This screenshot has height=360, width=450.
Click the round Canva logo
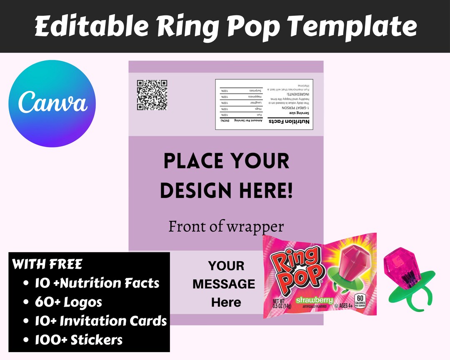coord(52,103)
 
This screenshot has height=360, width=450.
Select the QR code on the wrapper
coord(152,95)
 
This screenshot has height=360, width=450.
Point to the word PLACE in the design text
coord(192,161)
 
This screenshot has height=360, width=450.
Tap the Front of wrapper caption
coord(226,226)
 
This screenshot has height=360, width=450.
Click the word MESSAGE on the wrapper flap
coord(224,284)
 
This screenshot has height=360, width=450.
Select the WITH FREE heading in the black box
coord(47,264)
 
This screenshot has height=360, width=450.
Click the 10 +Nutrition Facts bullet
coord(97,283)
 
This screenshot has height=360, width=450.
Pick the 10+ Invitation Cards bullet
coord(100,321)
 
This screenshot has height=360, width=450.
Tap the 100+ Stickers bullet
coord(78,340)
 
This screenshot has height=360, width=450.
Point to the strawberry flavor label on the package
coord(314,300)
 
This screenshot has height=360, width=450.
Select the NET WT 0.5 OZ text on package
coord(281,304)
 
